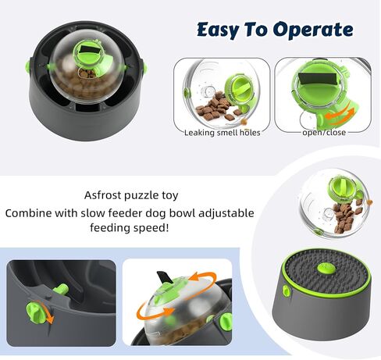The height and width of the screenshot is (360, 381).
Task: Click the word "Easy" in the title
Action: pos(216,30)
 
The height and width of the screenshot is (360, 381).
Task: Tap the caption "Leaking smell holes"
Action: pos(222,132)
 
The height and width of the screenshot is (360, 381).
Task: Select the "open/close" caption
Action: pos(324,132)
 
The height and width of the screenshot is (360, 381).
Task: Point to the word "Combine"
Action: pos(38,213)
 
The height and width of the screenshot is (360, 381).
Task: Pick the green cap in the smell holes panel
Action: pos(244,84)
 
